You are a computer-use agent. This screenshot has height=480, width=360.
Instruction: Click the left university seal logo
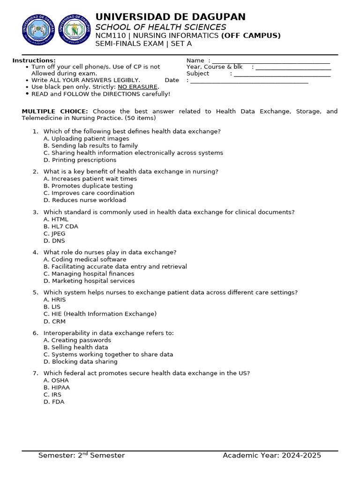click(38, 30)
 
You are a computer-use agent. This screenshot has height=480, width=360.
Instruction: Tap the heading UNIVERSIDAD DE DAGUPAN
click(170, 17)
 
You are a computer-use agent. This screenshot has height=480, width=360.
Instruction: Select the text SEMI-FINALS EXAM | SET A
click(143, 44)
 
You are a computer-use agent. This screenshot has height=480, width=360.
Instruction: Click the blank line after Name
click(271, 60)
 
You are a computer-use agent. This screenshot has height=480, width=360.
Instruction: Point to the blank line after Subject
click(282, 74)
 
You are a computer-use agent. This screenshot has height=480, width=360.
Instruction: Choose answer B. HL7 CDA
click(61, 226)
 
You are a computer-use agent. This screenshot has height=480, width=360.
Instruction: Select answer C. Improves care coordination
click(89, 193)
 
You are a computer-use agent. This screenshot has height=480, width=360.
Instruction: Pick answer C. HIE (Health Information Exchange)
click(100, 314)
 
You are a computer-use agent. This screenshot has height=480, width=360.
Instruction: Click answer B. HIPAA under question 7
click(57, 388)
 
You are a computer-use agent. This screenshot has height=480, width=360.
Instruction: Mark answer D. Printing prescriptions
click(80, 160)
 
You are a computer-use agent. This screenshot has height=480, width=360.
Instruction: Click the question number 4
click(35, 252)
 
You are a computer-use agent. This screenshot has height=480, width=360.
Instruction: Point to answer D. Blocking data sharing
click(81, 361)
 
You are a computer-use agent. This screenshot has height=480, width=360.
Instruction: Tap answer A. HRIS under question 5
click(55, 300)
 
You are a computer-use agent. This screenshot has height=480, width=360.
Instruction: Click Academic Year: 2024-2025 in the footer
click(272, 456)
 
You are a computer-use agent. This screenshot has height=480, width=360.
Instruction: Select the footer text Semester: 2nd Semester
click(82, 456)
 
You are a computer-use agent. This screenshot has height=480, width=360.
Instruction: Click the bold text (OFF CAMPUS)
click(251, 36)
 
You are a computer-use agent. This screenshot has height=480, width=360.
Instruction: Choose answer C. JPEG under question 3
click(54, 233)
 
